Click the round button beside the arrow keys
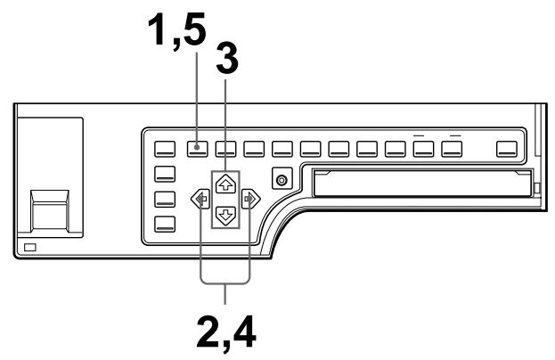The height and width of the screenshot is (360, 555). point(282,181)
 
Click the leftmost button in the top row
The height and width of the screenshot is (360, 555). point(167,148)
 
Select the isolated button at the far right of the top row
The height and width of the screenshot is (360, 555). point(509,148)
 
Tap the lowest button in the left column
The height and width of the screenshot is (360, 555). point(167,224)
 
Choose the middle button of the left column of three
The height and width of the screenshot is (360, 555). point(167,199)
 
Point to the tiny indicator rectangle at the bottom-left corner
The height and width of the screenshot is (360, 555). point(33,245)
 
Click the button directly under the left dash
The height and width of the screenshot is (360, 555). point(424,148)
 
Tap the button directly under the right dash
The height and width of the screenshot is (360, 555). point(453,148)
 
